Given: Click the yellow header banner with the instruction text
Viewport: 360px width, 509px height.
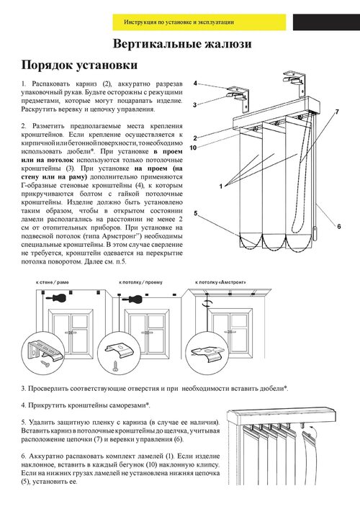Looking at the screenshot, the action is coord(199,22).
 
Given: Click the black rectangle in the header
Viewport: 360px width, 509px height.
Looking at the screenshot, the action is coord(326,22).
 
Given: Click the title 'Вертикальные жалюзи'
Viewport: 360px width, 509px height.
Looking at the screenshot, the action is coord(182,44).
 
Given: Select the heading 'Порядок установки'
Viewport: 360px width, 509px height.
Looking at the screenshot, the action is coord(79,65).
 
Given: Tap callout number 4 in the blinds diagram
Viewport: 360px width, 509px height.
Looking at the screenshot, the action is coord(195,84).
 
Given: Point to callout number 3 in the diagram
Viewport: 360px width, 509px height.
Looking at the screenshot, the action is coord(195,105).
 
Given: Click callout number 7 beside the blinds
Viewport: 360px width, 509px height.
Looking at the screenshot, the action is coord(337,112).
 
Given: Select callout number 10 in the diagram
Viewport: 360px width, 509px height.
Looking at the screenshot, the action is coord(194,148).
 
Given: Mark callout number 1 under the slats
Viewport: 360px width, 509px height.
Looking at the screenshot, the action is coord(221,186).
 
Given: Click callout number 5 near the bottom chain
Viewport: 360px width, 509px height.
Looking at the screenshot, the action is coord(196,213).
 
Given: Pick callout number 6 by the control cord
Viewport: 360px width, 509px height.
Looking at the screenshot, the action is coord(339,226).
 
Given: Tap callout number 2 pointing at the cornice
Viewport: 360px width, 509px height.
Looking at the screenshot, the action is coord(195,138).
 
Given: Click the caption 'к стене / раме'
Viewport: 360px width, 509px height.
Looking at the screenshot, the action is coord(53,282).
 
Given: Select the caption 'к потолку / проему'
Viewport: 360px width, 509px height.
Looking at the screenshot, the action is coord(140,282).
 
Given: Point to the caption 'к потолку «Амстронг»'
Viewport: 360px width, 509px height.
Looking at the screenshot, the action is coord(221,282).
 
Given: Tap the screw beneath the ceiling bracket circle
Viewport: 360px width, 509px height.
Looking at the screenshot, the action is coord(115,366).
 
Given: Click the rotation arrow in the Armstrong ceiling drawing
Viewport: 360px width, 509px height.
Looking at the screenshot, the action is coord(207,303).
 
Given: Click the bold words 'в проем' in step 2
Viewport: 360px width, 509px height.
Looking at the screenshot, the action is coord(168,152).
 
